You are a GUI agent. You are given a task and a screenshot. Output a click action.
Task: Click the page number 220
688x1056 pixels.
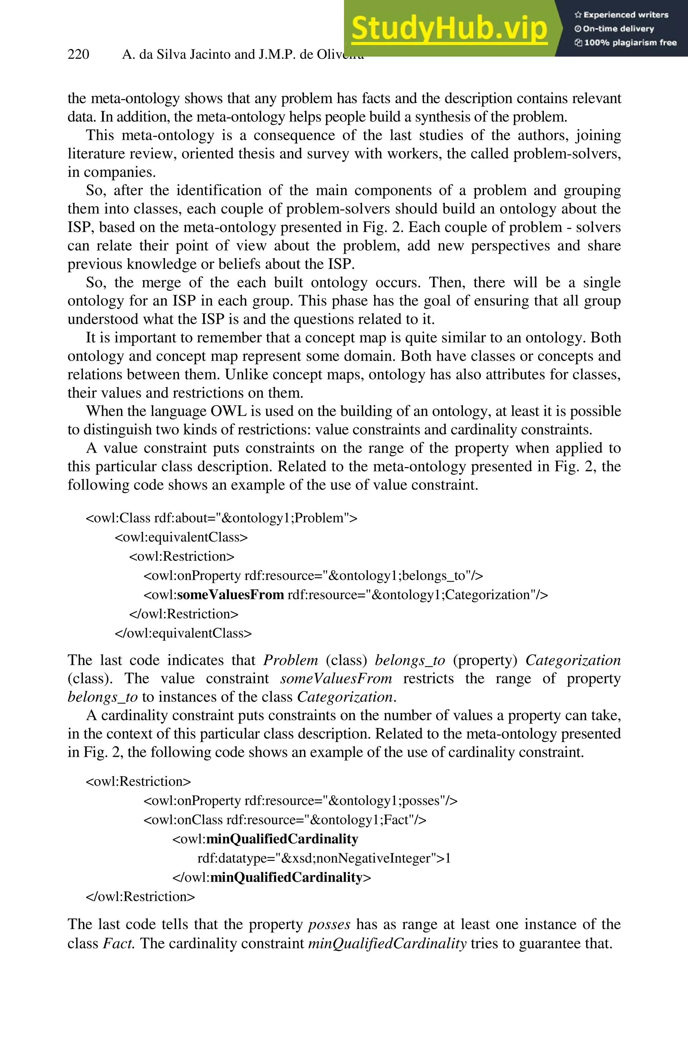click(78, 54)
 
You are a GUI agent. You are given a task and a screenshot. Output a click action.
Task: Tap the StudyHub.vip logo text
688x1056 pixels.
click(449, 28)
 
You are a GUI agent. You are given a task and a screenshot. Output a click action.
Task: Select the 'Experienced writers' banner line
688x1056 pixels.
click(621, 15)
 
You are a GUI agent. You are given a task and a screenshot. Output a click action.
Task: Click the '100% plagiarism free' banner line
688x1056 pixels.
click(626, 43)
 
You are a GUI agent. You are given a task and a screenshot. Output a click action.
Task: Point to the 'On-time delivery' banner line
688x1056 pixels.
click(614, 29)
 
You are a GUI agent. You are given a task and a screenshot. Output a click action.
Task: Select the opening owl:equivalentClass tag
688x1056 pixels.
click(181, 537)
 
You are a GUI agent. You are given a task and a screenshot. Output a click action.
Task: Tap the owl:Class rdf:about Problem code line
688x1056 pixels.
click(221, 518)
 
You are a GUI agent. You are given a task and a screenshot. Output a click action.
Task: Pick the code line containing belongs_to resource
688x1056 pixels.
click(313, 576)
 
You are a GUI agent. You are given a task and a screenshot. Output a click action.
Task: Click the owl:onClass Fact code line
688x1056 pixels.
click(285, 820)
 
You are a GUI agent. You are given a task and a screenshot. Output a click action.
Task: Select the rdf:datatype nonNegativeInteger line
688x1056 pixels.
click(324, 858)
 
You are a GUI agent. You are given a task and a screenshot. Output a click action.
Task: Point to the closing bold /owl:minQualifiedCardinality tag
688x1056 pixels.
click(271, 877)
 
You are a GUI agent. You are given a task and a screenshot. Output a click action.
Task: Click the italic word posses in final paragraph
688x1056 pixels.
click(329, 925)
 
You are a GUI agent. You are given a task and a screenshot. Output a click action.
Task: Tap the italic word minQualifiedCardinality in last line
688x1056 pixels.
click(387, 943)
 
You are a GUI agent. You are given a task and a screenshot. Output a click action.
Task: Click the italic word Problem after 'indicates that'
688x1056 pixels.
click(291, 660)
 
